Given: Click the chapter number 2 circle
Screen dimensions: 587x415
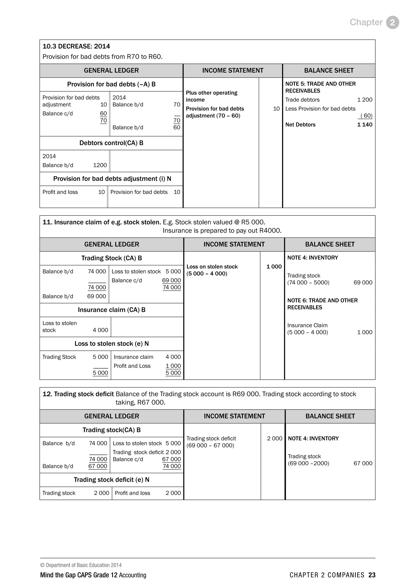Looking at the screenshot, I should point(392,22).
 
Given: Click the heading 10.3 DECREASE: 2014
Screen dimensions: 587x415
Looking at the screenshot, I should point(76,46).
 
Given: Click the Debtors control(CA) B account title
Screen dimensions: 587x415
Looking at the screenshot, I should point(111,143).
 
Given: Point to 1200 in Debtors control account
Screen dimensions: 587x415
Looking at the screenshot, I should point(100,165).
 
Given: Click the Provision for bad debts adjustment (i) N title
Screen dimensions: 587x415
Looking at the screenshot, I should point(112,179).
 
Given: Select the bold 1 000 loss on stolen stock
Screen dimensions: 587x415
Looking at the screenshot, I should point(274,266).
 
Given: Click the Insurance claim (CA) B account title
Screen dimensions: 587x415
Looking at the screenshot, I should point(111,310).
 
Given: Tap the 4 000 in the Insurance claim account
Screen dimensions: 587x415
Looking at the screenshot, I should point(100,330).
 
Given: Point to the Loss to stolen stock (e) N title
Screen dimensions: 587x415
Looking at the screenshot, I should point(111,344).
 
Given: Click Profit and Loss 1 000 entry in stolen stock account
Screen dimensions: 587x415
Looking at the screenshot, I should point(147,366).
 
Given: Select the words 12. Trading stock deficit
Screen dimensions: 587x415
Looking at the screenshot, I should point(78,394).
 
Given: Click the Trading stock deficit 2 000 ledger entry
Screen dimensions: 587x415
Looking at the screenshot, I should point(147,452).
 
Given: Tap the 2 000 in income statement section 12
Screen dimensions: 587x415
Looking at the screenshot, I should point(274,438).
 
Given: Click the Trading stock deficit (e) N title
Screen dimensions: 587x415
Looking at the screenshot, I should point(111,480).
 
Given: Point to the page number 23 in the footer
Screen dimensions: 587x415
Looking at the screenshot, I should point(372,575).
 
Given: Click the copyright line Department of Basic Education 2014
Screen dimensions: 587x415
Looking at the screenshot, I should point(81,565).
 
